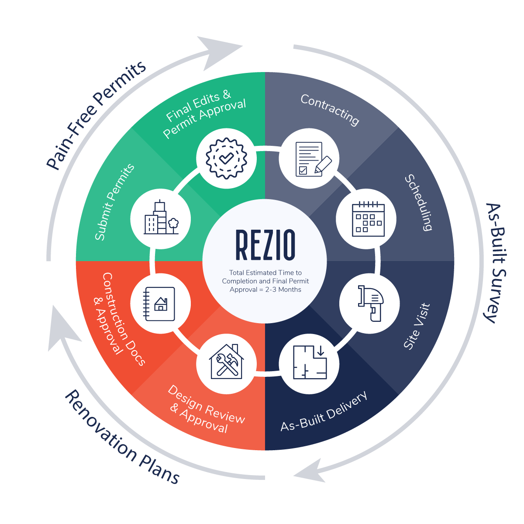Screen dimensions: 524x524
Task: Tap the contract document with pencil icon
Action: click(309, 159)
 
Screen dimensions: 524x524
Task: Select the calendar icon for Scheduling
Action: click(366, 219)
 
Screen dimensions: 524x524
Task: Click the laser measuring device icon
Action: click(369, 303)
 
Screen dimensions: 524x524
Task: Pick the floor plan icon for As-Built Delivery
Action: click(309, 362)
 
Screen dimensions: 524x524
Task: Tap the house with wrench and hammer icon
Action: click(226, 362)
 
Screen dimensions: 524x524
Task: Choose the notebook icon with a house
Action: click(160, 303)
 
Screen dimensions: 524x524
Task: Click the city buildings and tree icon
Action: click(161, 218)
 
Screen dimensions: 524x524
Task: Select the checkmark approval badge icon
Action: click(226, 159)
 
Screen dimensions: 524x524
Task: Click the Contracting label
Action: click(330, 110)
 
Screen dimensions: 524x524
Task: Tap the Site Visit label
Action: click(417, 326)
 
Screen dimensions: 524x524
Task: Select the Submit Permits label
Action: click(114, 202)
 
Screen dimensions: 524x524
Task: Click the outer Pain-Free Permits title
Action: click(96, 115)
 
